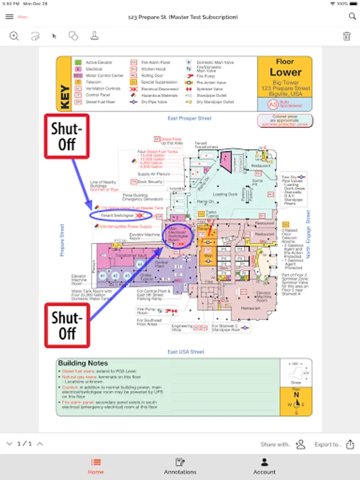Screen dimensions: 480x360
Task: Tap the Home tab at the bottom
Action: (96, 466)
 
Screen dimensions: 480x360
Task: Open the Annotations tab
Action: (180, 466)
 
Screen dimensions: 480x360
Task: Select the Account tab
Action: (264, 466)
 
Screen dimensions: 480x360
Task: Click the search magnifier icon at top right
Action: (352, 17)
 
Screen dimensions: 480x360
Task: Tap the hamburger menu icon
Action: (9, 17)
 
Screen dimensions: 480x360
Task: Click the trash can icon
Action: (347, 36)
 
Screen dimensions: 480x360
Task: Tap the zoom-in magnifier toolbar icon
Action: (14, 36)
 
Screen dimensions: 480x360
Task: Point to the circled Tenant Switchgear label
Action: (121, 215)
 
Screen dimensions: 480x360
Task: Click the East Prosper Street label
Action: (189, 118)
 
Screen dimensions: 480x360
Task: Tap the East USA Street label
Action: (186, 352)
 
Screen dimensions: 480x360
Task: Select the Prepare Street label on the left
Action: (62, 240)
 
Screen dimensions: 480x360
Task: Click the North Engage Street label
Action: (308, 235)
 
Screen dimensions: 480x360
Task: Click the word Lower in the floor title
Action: (285, 72)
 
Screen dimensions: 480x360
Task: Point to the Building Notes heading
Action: (83, 363)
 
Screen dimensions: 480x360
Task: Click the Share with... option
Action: (276, 444)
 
